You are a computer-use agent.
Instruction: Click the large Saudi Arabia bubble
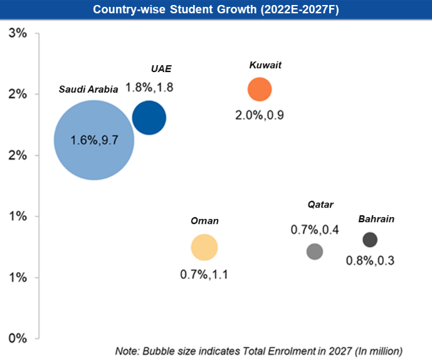(x=93, y=140)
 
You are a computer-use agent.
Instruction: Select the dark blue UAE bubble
(x=149, y=117)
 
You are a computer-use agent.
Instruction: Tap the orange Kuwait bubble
(x=259, y=89)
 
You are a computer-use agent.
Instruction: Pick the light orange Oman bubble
(x=204, y=247)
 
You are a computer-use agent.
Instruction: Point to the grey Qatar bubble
(x=315, y=251)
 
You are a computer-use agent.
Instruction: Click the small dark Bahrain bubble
(x=370, y=240)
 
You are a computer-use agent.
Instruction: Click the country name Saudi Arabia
(x=88, y=89)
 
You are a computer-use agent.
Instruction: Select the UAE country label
(x=161, y=68)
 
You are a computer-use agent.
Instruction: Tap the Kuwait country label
(x=265, y=65)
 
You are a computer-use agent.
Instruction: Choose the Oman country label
(x=204, y=221)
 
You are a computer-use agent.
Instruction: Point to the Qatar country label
(x=320, y=204)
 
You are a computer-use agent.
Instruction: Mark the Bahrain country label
(x=376, y=219)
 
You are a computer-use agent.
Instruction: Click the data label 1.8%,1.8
(x=149, y=87)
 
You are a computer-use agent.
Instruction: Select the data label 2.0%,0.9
(x=260, y=115)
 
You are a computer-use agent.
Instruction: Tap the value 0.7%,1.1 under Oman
(x=204, y=274)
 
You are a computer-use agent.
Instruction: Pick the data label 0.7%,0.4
(x=315, y=230)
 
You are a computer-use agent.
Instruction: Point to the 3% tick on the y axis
(x=17, y=33)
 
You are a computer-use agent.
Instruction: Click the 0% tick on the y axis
(x=17, y=338)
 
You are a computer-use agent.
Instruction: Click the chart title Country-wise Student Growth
(x=216, y=9)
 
